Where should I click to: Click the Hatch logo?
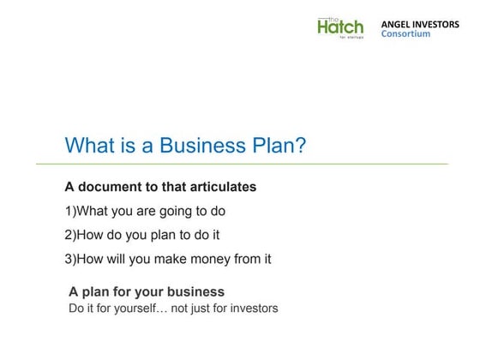pos(339,28)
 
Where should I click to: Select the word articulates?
pos(222,187)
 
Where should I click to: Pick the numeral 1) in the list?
pos(70,211)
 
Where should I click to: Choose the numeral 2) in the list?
pos(70,235)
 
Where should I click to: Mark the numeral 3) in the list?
pos(70,259)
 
